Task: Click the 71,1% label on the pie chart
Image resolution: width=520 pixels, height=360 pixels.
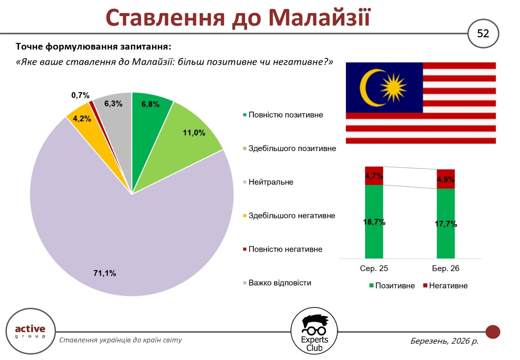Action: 105,273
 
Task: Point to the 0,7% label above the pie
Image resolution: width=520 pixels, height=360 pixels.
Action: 80,95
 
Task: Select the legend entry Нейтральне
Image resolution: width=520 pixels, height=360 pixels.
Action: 268,182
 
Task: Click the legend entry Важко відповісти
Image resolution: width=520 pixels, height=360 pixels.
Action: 277,283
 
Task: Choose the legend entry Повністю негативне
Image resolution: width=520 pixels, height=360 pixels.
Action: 283,249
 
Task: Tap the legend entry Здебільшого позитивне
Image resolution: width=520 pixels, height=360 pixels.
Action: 289,148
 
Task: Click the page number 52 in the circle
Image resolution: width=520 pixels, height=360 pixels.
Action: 483,34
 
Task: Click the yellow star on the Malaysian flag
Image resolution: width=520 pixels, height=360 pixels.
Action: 393,88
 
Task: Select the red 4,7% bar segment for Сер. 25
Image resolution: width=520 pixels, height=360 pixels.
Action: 374,176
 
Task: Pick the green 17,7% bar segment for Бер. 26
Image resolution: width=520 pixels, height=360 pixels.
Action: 446,224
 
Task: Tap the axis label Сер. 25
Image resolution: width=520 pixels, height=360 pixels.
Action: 374,268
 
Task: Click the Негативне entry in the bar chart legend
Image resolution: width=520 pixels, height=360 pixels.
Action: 445,285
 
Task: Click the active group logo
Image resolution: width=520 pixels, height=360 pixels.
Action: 31,331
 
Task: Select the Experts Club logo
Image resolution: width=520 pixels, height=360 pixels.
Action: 314,331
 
